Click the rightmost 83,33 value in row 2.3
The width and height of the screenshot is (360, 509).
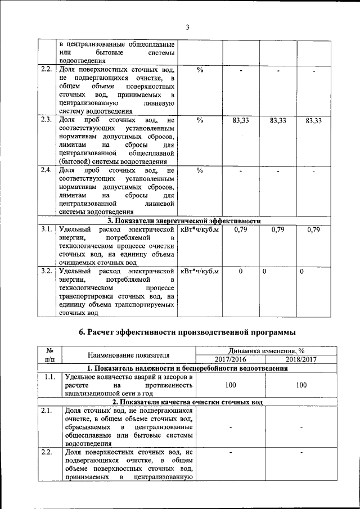313,121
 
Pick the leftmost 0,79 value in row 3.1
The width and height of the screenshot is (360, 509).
241,230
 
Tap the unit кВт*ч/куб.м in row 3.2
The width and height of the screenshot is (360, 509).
200,272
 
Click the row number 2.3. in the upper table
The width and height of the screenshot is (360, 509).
47,120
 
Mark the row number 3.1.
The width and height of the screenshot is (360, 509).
47,229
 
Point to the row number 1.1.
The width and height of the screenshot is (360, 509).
49,377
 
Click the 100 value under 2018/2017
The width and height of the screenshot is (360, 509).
301,385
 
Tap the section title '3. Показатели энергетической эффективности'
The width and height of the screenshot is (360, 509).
184,221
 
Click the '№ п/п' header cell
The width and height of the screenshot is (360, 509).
49,355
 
